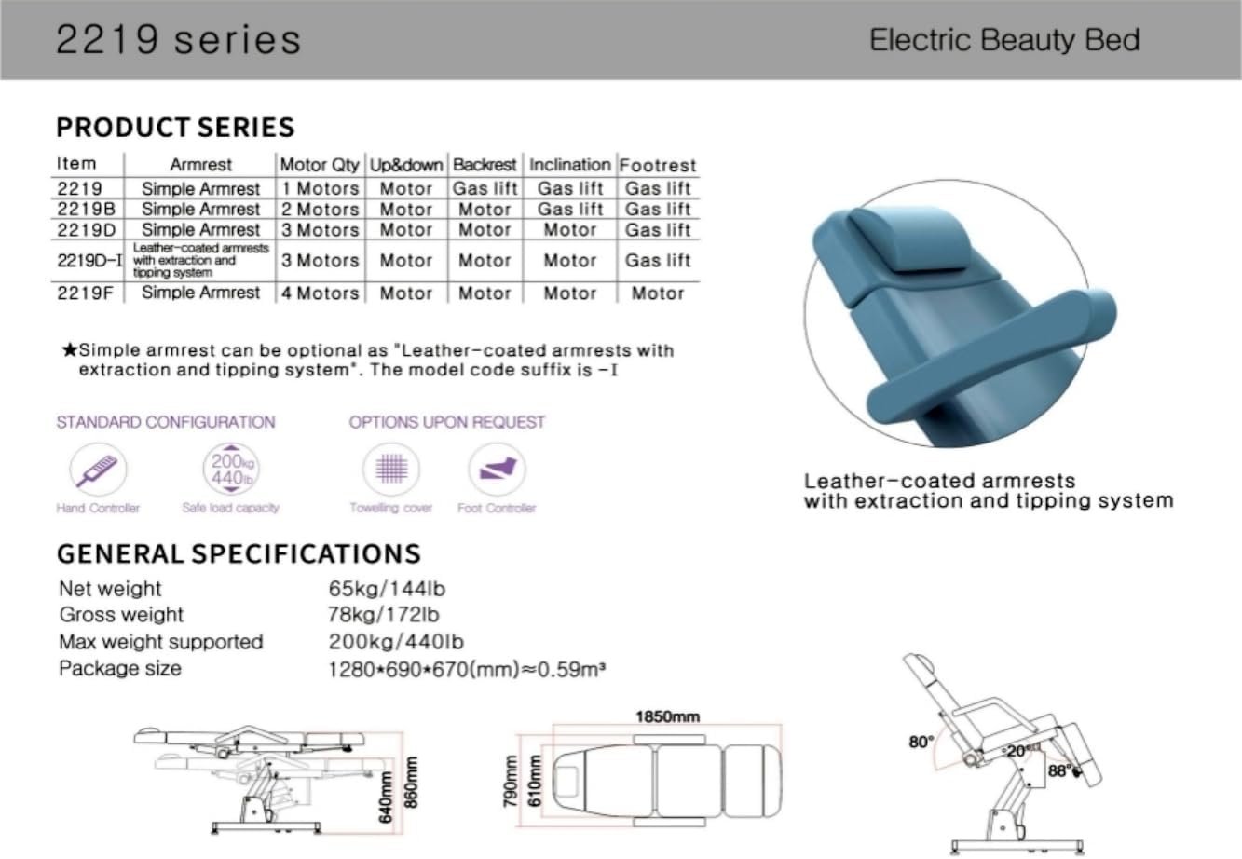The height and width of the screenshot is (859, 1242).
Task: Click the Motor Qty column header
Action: click(x=320, y=165)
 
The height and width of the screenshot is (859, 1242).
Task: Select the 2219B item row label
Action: click(x=87, y=209)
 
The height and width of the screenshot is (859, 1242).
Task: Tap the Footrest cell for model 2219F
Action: click(x=658, y=293)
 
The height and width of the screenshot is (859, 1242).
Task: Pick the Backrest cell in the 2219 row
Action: click(x=485, y=188)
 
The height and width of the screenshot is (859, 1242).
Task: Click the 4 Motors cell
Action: click(x=320, y=293)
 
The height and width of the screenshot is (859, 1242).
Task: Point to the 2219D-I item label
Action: click(x=89, y=260)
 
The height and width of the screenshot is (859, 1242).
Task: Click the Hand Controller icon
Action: click(x=98, y=470)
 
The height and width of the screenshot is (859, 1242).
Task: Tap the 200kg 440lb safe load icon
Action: click(x=231, y=470)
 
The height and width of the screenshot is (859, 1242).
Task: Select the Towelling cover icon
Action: click(x=391, y=470)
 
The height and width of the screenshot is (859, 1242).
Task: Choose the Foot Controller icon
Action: click(x=497, y=470)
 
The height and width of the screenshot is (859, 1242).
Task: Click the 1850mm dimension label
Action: click(x=667, y=716)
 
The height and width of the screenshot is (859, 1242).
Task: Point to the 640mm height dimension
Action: click(x=387, y=797)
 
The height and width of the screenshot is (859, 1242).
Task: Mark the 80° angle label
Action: click(x=921, y=742)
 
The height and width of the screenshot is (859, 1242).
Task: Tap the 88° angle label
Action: click(x=1060, y=770)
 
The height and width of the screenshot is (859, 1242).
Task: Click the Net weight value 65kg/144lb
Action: click(x=387, y=589)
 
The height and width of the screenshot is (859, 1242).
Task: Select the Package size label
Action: click(x=120, y=668)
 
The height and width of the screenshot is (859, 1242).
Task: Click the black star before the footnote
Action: click(x=70, y=350)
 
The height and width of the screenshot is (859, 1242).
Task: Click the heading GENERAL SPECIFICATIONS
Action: click(x=239, y=554)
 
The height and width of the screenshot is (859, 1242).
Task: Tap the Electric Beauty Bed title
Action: click(x=1004, y=40)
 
